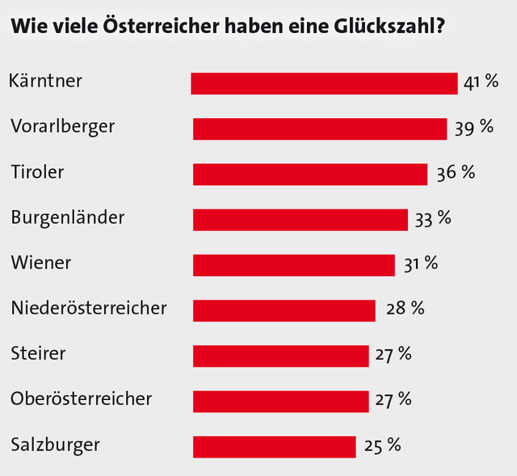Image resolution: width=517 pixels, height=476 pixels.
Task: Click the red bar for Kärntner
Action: [324, 83]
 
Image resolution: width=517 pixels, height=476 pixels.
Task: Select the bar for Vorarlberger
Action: [320, 128]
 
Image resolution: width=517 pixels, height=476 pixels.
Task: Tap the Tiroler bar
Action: [310, 174]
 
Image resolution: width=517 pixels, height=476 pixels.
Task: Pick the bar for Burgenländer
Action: [301, 219]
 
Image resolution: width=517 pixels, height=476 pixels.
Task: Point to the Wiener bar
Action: [294, 265]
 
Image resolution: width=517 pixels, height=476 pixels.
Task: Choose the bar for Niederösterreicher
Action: [284, 310]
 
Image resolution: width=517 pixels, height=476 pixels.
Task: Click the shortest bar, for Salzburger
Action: [275, 446]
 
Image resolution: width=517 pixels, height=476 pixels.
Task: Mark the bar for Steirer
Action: [281, 356]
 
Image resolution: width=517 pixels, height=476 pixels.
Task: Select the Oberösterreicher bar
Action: [281, 401]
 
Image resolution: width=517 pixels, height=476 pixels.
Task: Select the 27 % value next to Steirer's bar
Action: [393, 354]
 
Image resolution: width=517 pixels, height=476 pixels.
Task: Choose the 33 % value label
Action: [432, 217]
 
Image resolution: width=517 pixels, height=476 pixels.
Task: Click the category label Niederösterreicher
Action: [90, 308]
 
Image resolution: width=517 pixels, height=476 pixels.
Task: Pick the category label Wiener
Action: [41, 263]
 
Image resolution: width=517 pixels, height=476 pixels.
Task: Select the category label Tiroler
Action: [37, 171]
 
